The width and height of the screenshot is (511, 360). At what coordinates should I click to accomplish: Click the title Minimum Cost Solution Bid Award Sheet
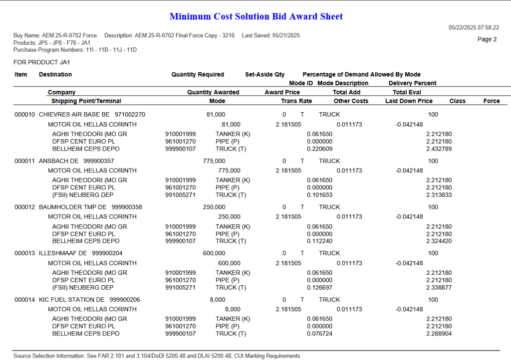point(256,16)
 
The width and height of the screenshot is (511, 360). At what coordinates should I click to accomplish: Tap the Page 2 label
point(487,39)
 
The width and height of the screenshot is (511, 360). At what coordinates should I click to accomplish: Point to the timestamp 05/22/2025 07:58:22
point(474,28)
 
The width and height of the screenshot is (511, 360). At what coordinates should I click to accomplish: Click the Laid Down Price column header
point(409,101)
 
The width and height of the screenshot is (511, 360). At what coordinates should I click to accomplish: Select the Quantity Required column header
point(198,75)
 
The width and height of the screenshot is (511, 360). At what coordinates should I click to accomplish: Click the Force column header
point(491,101)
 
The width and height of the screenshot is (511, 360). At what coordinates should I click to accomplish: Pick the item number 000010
point(24,115)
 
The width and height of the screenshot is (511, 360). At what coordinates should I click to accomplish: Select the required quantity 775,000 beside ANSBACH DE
point(214,161)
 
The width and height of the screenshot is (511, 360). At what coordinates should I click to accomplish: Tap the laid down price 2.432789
point(439,149)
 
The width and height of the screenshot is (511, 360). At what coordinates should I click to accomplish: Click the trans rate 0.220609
point(319,149)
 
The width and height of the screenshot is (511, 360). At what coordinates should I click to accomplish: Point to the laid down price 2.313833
point(439,195)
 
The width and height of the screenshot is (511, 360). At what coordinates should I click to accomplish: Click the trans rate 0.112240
point(319,241)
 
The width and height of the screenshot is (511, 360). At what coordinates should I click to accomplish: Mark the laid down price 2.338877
point(439,287)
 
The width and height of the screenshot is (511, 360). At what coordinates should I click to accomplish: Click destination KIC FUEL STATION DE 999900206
point(89,300)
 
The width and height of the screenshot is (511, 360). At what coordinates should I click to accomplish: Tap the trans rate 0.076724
point(319,334)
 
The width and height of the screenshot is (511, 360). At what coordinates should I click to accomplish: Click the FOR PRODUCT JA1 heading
point(42,62)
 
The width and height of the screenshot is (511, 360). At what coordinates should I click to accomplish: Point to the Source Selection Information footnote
point(157,356)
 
